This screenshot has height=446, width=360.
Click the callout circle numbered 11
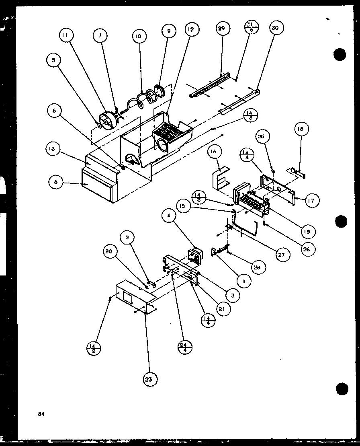pyautogui.click(x=65, y=36)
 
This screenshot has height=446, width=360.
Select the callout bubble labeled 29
pyautogui.click(x=222, y=28)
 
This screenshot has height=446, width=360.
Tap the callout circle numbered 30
pyautogui.click(x=275, y=28)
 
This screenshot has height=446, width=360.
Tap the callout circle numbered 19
pyautogui.click(x=307, y=232)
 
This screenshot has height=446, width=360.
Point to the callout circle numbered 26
pyautogui.click(x=307, y=249)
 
